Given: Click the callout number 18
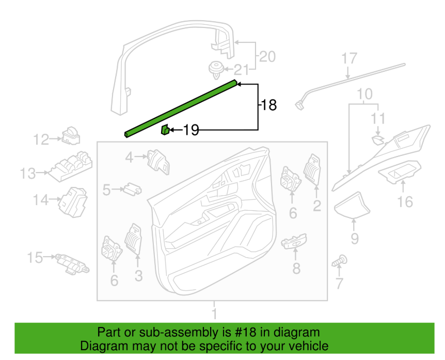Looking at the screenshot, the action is click(268, 105).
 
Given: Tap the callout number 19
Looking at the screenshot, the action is click(192, 130).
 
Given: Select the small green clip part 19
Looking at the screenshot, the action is click(166, 130).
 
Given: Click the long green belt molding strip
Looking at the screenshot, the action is click(181, 108).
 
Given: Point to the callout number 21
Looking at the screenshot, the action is click(242, 70).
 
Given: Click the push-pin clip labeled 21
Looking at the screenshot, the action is click(216, 70).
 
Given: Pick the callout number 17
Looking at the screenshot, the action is click(349, 58).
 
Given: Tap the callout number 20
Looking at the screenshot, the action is click(267, 56).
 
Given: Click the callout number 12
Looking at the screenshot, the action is click(41, 139).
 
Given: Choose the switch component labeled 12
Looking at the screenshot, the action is click(71, 136).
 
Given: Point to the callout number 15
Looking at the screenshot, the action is click(35, 258).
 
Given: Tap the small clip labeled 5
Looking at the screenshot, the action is click(132, 189).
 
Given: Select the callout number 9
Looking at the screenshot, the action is click(355, 238).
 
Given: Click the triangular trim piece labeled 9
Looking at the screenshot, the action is click(352, 205).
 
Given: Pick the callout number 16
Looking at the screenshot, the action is click(405, 202).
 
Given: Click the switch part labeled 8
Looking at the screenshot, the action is click(294, 241).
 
